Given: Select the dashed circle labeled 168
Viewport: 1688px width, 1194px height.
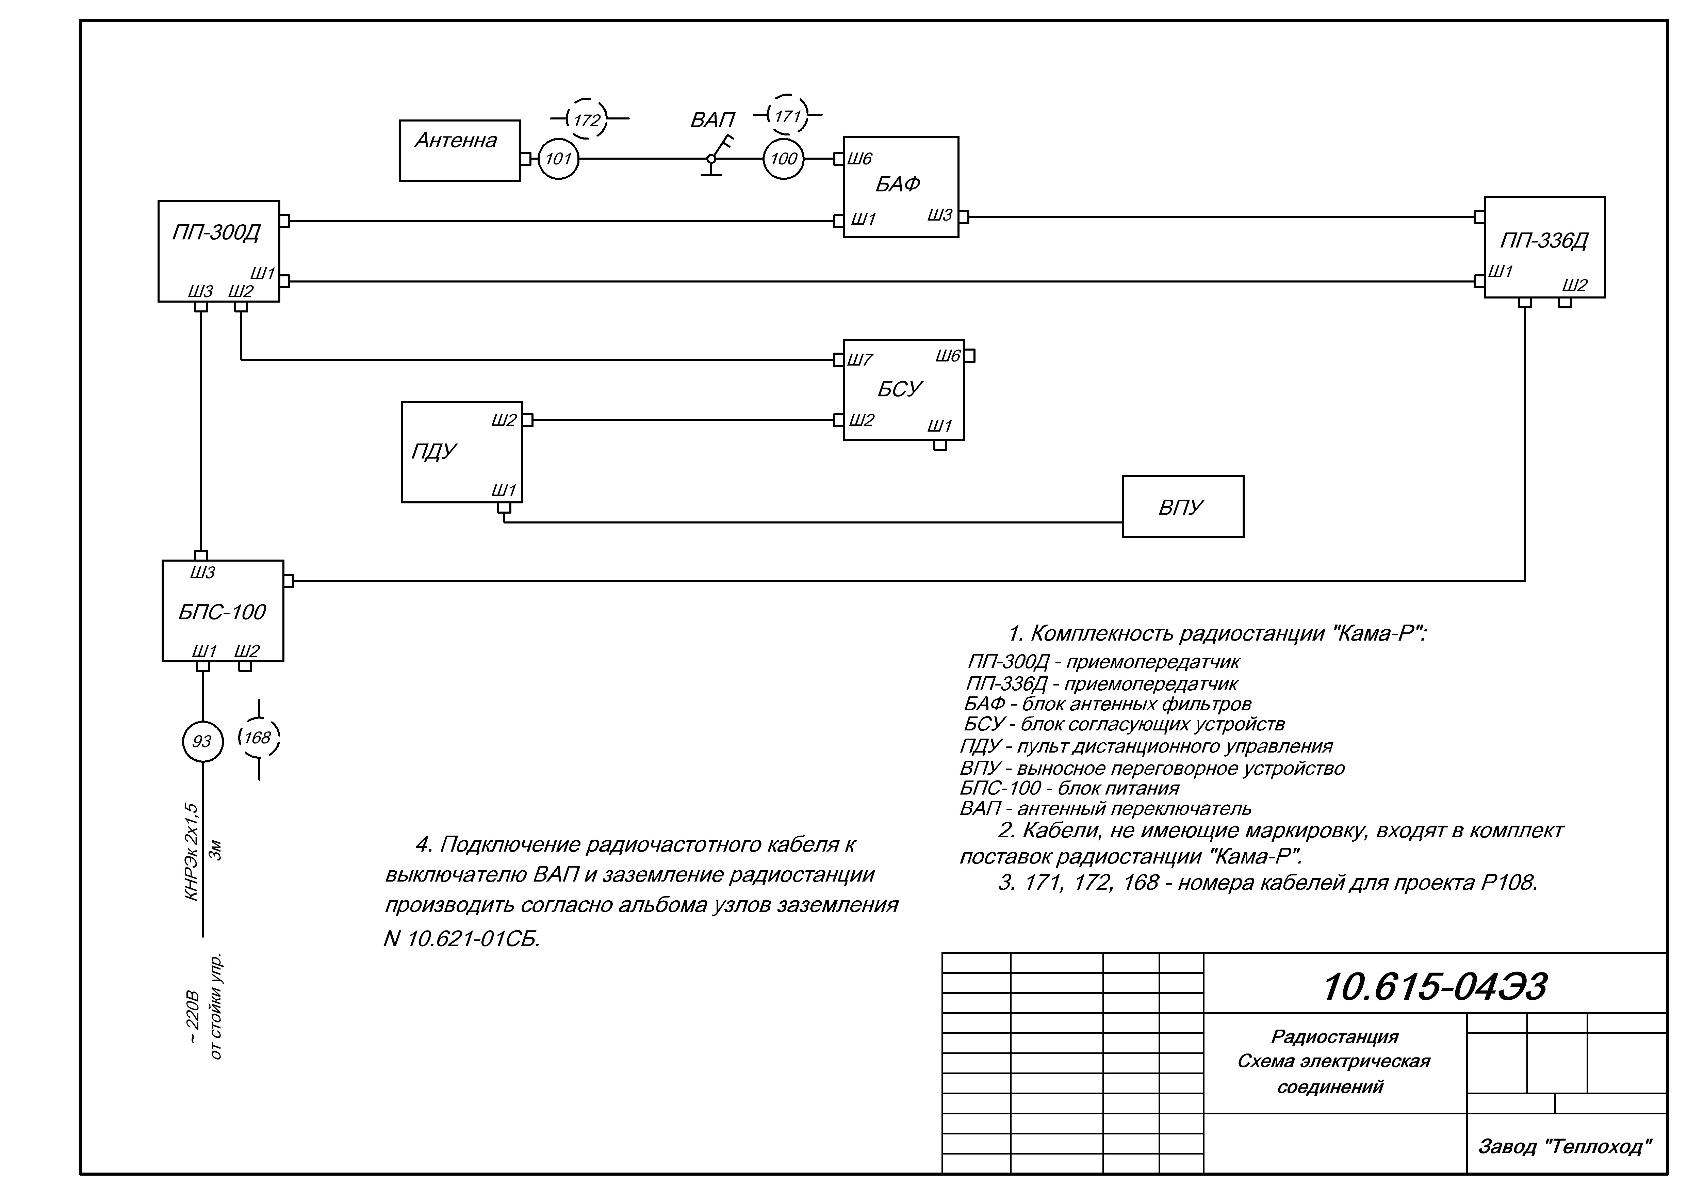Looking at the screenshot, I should (258, 738).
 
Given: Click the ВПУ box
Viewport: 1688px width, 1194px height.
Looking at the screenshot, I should (1182, 507).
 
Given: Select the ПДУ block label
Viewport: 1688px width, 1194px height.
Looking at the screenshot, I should (434, 451).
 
